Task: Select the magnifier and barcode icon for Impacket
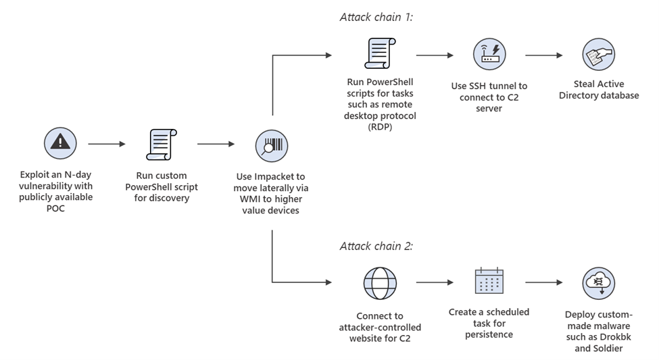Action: [272, 145]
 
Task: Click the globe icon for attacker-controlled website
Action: [380, 282]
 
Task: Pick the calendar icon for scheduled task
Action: [488, 282]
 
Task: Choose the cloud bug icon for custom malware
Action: [599, 282]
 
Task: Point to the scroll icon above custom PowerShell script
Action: [161, 144]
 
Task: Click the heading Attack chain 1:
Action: [376, 16]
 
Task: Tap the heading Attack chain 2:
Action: [376, 246]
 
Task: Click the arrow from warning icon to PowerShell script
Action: [107, 144]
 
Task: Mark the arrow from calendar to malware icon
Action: [545, 282]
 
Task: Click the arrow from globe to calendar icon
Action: [435, 282]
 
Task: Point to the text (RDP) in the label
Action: [379, 126]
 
